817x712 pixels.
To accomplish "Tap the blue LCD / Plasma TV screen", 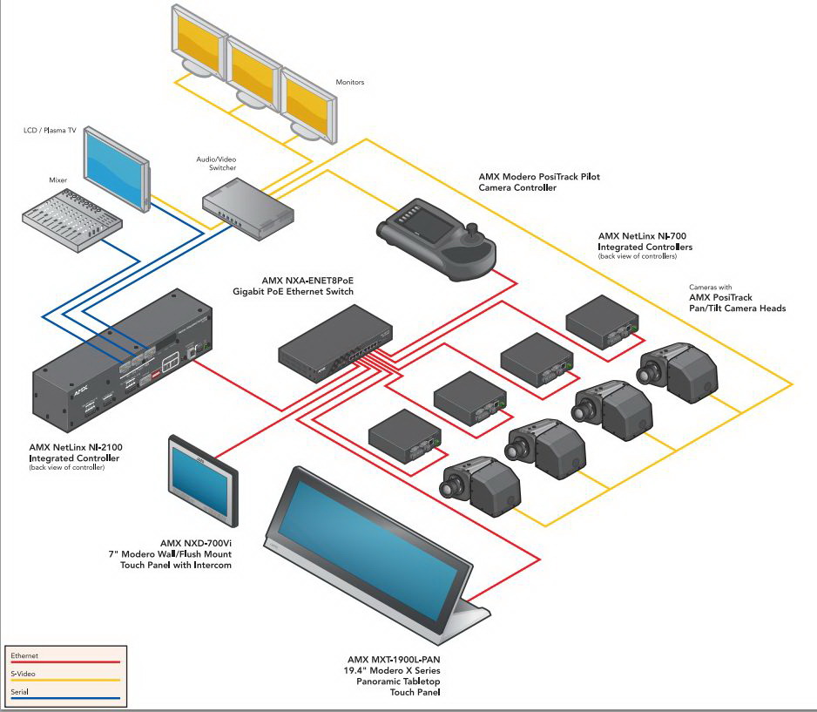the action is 113,168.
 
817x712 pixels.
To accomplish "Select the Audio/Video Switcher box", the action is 248,208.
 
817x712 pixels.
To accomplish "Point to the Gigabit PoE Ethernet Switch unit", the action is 335,343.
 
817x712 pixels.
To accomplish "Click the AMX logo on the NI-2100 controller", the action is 80,390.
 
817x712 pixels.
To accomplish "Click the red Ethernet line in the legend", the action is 65,662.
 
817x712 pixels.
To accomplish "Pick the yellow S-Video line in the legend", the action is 65,680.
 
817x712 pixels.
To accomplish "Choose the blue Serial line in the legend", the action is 65,698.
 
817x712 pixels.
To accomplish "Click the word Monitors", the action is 349,82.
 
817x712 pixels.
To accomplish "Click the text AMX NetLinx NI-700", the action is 642,236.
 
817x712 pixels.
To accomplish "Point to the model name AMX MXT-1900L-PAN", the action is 394,660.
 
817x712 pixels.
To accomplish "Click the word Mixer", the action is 57,180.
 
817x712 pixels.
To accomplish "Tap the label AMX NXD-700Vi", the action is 195,543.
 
